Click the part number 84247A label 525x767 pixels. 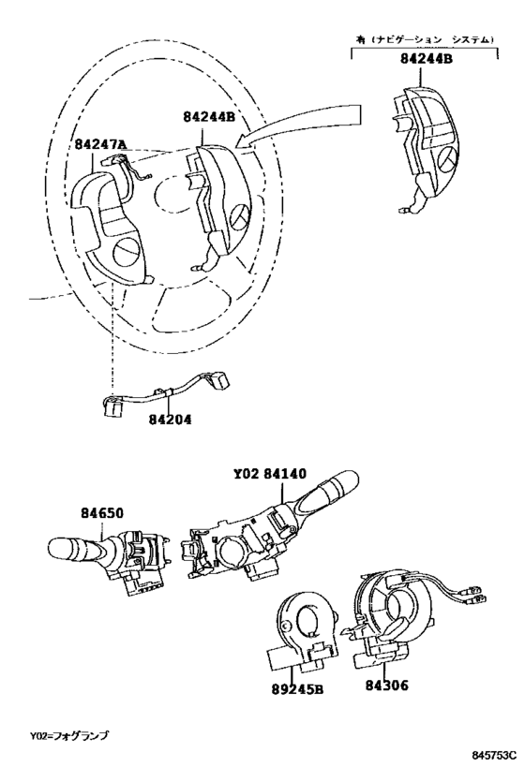100,144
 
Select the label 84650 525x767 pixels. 102,513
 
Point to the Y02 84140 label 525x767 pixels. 270,474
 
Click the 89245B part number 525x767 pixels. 298,689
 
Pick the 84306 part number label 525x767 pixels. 386,686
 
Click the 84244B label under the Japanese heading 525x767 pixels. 427,59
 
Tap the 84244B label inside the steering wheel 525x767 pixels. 210,117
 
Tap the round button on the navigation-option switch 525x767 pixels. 447,159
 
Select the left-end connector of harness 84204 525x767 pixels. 112,406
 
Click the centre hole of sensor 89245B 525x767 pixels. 309,621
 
